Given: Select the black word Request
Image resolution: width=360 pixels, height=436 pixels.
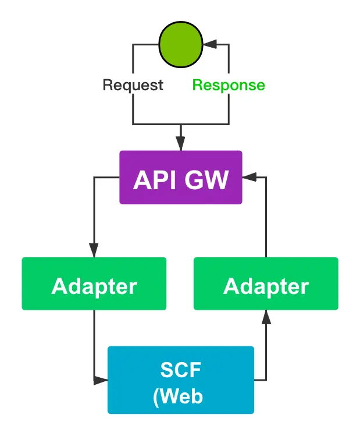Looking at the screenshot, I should tap(133, 85).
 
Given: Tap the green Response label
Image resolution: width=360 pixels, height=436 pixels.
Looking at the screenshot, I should tap(229, 85).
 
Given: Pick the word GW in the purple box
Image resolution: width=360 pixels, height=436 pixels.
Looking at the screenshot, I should tap(206, 180).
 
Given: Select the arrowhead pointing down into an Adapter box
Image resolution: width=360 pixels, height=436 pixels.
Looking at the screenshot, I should tap(94, 250).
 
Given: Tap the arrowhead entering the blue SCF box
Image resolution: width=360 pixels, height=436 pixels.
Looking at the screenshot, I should tap(101, 381).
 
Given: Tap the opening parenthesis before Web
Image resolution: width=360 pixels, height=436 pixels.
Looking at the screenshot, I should tap(156, 397).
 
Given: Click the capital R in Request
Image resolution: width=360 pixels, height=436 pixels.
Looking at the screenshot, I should tap(108, 85).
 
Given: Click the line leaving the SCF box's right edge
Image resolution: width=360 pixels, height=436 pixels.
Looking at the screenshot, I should tap(260, 381).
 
